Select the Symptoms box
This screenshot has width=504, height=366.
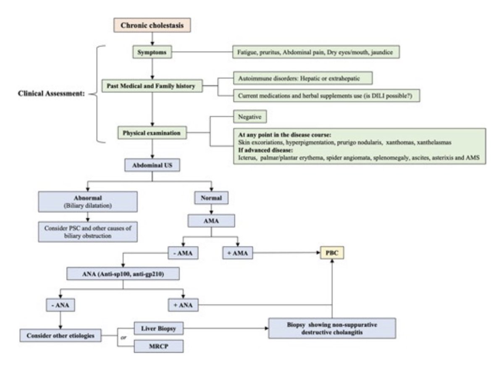(x=152, y=53)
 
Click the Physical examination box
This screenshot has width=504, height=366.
(x=152, y=133)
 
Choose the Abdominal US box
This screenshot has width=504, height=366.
(x=152, y=165)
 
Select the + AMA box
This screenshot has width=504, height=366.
(x=237, y=253)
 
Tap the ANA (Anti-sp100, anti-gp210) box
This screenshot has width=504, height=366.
(x=123, y=274)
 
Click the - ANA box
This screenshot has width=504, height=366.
(x=60, y=305)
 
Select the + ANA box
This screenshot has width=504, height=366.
(x=183, y=305)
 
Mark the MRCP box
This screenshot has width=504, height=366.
(x=158, y=347)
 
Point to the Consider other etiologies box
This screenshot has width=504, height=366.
(x=61, y=335)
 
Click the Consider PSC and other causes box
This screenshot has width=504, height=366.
(x=88, y=231)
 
